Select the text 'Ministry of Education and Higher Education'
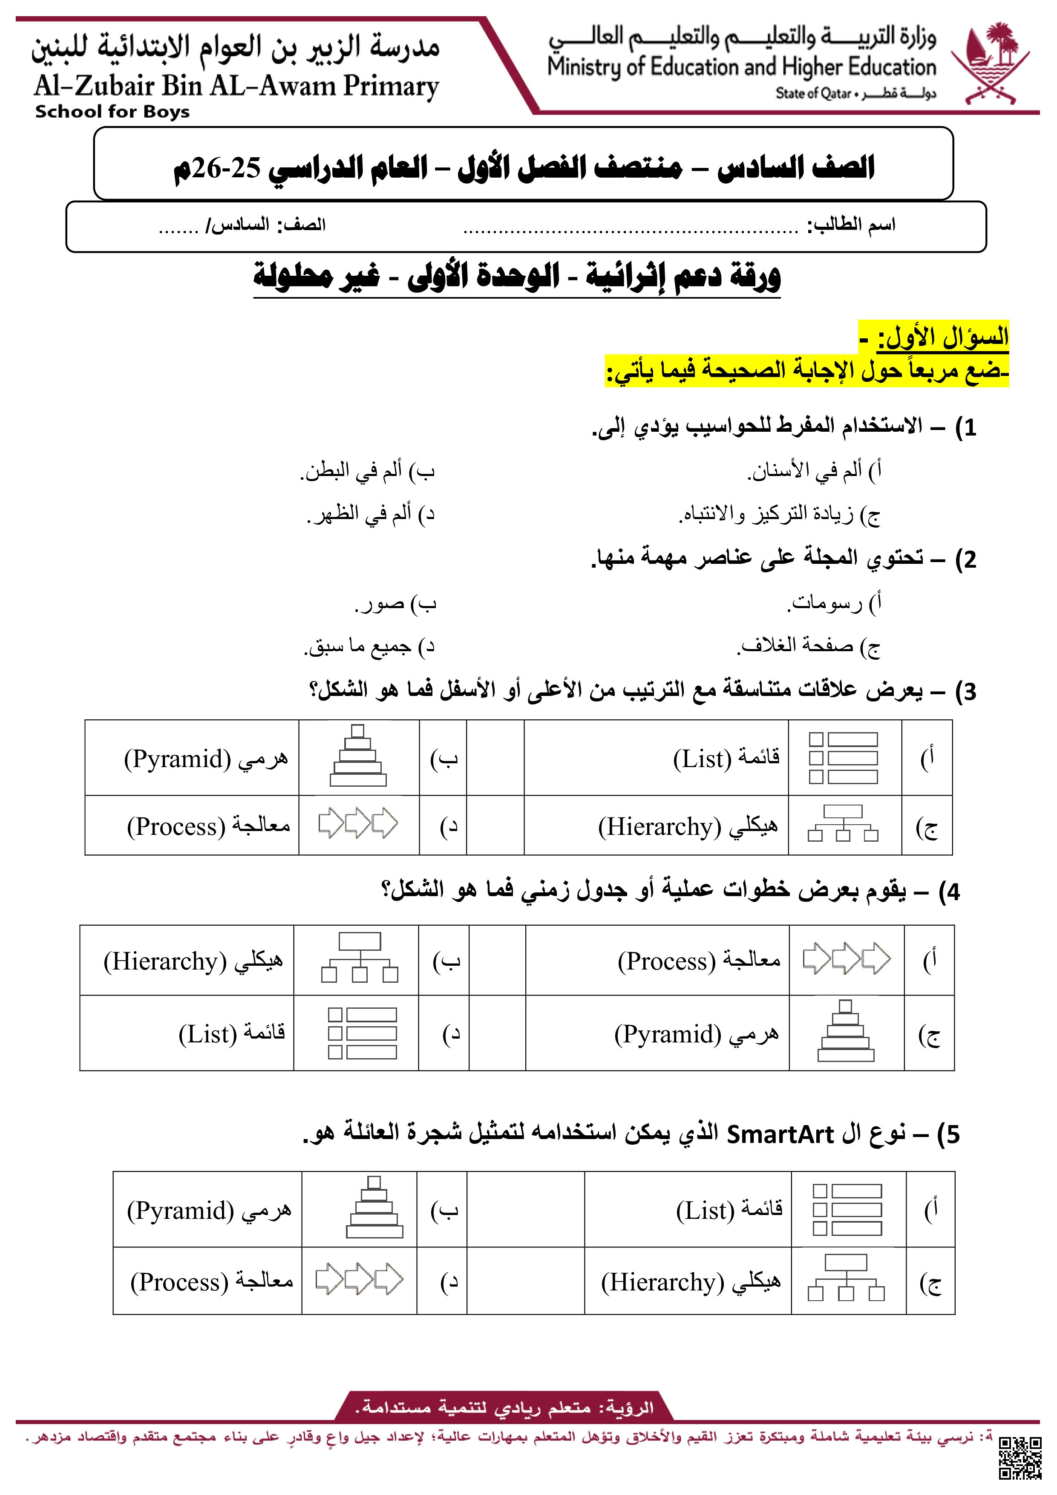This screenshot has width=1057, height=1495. (741, 67)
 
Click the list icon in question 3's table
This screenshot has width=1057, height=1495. (844, 757)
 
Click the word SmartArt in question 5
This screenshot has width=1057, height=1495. (780, 1134)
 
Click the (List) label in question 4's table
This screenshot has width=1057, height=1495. (207, 1034)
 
